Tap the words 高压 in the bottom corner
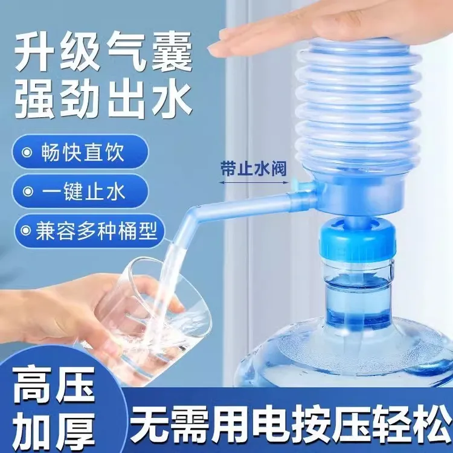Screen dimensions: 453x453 [50, 388]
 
